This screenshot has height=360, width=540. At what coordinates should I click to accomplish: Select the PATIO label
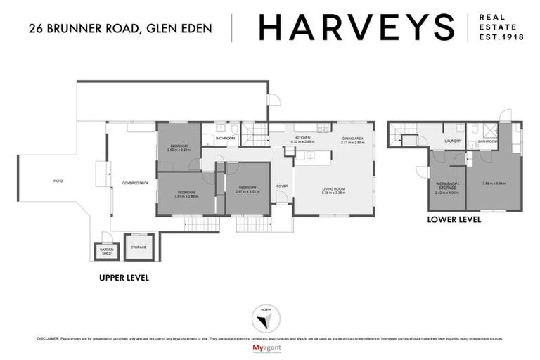pos(58,181)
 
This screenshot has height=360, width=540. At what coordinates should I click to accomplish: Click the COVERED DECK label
pos(134,183)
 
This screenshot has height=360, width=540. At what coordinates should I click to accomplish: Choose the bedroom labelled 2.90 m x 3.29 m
pos(179,148)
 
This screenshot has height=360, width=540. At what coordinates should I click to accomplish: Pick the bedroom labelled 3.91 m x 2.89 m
pos(186,194)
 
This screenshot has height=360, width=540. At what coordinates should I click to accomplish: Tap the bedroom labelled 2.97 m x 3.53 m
pos(247,189)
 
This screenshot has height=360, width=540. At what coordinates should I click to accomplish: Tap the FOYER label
pos(281,186)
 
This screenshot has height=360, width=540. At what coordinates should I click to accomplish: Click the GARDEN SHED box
pos(106,250)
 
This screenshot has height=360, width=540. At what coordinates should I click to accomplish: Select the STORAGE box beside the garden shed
pos(139,247)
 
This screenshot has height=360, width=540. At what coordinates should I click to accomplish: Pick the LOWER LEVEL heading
pos(454,219)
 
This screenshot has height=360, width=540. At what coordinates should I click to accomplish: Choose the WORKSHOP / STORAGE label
pos(447,186)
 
